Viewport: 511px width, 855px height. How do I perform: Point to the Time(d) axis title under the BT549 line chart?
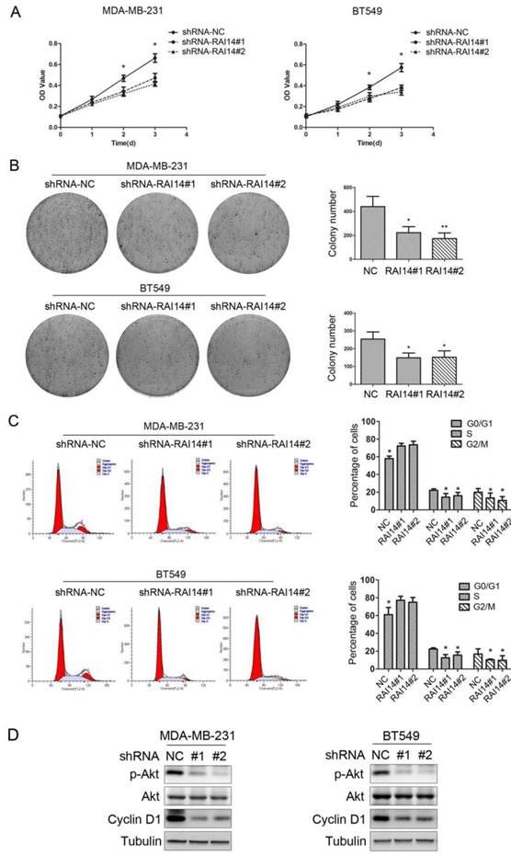[x=369, y=142]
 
